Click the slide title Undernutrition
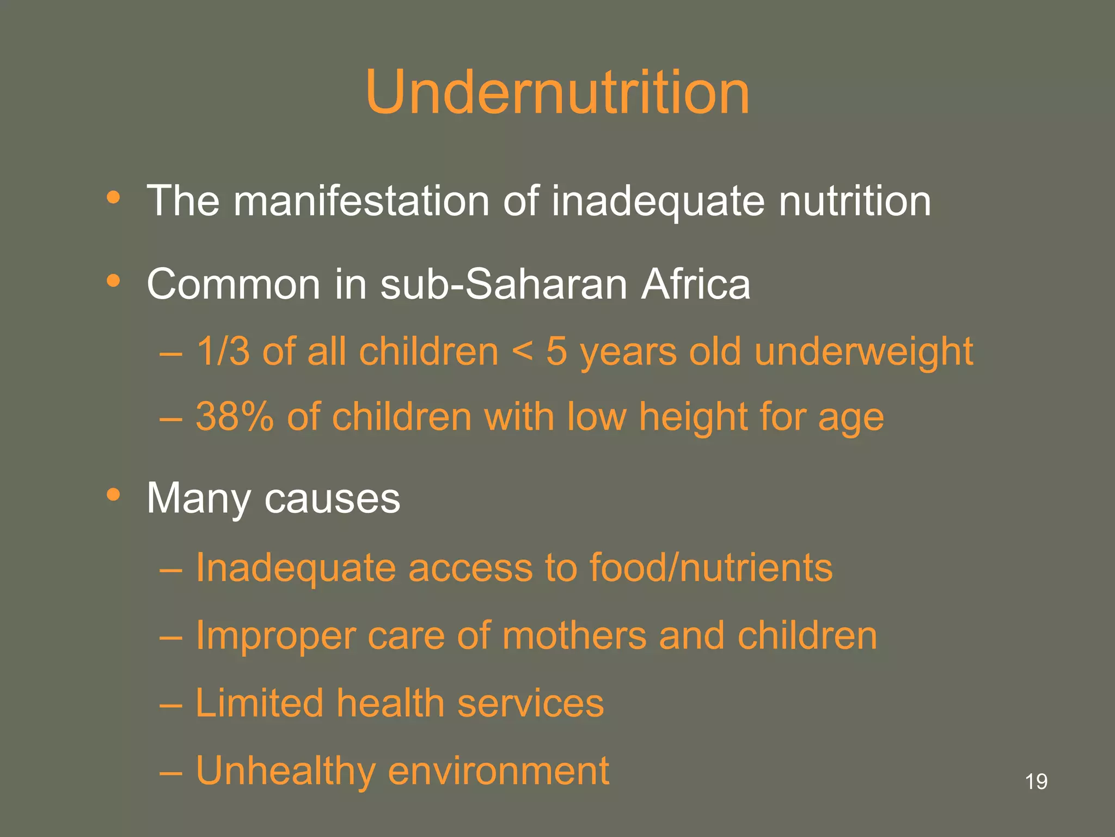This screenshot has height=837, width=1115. coord(557,93)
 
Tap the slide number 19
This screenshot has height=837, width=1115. coord(1036,781)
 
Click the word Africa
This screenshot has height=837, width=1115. coord(695,284)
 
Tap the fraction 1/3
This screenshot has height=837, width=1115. coord(223,351)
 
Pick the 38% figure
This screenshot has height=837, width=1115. coord(235,417)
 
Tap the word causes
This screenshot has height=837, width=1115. coord(332,499)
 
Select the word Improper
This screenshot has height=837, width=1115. coord(275,636)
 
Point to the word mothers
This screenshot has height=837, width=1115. coord(574,635)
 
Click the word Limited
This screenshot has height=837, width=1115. coord(259,703)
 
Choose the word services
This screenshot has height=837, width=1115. coord(530,703)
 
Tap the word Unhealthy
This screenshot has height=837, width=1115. coord(285,772)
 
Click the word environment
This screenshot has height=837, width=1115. coord(498,771)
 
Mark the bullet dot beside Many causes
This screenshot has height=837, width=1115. coord(113,495)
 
